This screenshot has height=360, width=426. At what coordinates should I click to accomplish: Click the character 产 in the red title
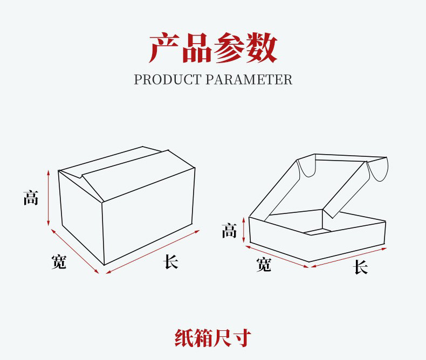164,48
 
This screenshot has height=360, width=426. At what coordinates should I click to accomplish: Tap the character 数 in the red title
262,48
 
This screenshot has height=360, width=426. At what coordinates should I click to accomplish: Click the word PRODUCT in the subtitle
168,80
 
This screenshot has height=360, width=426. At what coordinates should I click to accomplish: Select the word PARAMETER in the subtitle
249,80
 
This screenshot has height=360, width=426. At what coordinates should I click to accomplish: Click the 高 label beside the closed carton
31,197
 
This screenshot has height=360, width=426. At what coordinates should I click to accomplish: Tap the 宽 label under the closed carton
59,262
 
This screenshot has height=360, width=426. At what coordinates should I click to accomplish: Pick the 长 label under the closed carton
171,262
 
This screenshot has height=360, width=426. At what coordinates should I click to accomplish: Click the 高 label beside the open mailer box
229,232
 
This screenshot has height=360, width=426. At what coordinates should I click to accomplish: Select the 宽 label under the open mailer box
264,265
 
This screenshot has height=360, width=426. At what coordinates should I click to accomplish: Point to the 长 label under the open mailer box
360,267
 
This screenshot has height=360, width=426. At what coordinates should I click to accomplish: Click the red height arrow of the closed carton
48,198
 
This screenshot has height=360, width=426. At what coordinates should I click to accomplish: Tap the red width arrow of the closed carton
75,251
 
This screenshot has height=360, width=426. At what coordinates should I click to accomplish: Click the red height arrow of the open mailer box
244,229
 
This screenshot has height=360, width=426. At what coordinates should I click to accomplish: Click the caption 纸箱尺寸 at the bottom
213,338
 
